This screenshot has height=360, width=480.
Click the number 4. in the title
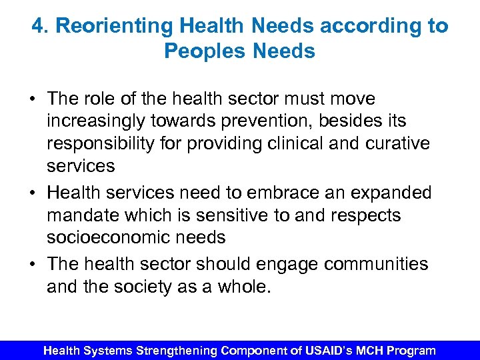click(40, 26)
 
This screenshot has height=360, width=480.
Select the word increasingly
click(100, 121)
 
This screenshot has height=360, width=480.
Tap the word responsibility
click(110, 143)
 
